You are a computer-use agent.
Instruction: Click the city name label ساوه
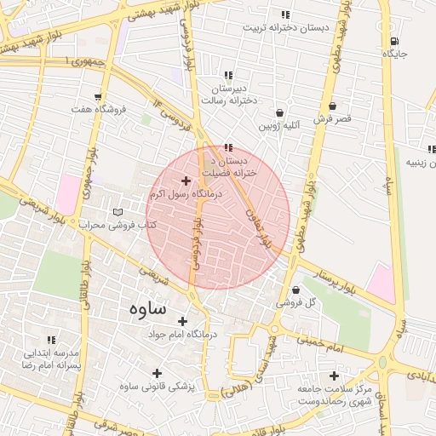point(148,308)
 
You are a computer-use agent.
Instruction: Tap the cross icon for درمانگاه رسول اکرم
point(186,181)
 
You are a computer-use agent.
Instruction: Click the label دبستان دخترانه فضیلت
point(227,166)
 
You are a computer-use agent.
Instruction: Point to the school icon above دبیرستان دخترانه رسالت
point(227,75)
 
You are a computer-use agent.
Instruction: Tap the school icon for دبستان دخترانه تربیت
point(285,14)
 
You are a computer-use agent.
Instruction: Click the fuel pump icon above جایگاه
point(393,41)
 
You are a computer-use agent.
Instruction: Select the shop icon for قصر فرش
point(331,106)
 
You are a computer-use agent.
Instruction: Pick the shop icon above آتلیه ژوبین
point(279,112)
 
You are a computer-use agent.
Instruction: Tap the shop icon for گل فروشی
point(295,290)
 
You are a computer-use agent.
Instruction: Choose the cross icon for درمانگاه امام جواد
point(181,321)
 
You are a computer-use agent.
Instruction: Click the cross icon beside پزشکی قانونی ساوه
point(157,373)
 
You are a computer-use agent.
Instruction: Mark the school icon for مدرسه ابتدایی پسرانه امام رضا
point(51,339)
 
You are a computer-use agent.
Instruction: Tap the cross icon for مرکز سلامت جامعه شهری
point(334,376)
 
